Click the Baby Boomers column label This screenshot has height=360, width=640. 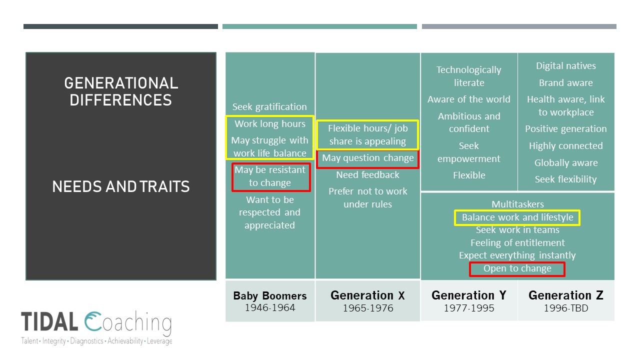pyautogui.click(x=270, y=295)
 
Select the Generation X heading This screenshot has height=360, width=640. pyautogui.click(x=367, y=295)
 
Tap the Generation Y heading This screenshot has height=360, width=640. pyautogui.click(x=468, y=295)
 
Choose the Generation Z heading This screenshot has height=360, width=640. pyautogui.click(x=565, y=295)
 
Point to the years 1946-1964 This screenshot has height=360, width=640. pyautogui.click(x=270, y=307)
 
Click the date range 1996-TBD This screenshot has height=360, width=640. pyautogui.click(x=565, y=308)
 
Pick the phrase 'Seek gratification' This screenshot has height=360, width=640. pyautogui.click(x=269, y=106)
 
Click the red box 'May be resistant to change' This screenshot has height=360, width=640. pyautogui.click(x=270, y=176)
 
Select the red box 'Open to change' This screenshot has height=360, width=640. pyautogui.click(x=517, y=269)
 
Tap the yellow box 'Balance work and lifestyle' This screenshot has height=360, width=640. pyautogui.click(x=517, y=217)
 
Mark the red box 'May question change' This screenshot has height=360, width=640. pyautogui.click(x=368, y=158)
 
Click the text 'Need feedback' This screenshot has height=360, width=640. pyautogui.click(x=367, y=174)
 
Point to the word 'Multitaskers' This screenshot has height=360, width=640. pyautogui.click(x=517, y=204)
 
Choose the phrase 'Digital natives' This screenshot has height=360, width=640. pyautogui.click(x=565, y=66)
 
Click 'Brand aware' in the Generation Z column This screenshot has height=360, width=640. pyautogui.click(x=565, y=83)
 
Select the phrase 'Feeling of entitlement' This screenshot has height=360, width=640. pyautogui.click(x=517, y=243)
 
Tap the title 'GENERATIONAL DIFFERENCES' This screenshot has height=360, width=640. pyautogui.click(x=121, y=91)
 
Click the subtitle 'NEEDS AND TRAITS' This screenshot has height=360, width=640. pyautogui.click(x=121, y=187)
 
